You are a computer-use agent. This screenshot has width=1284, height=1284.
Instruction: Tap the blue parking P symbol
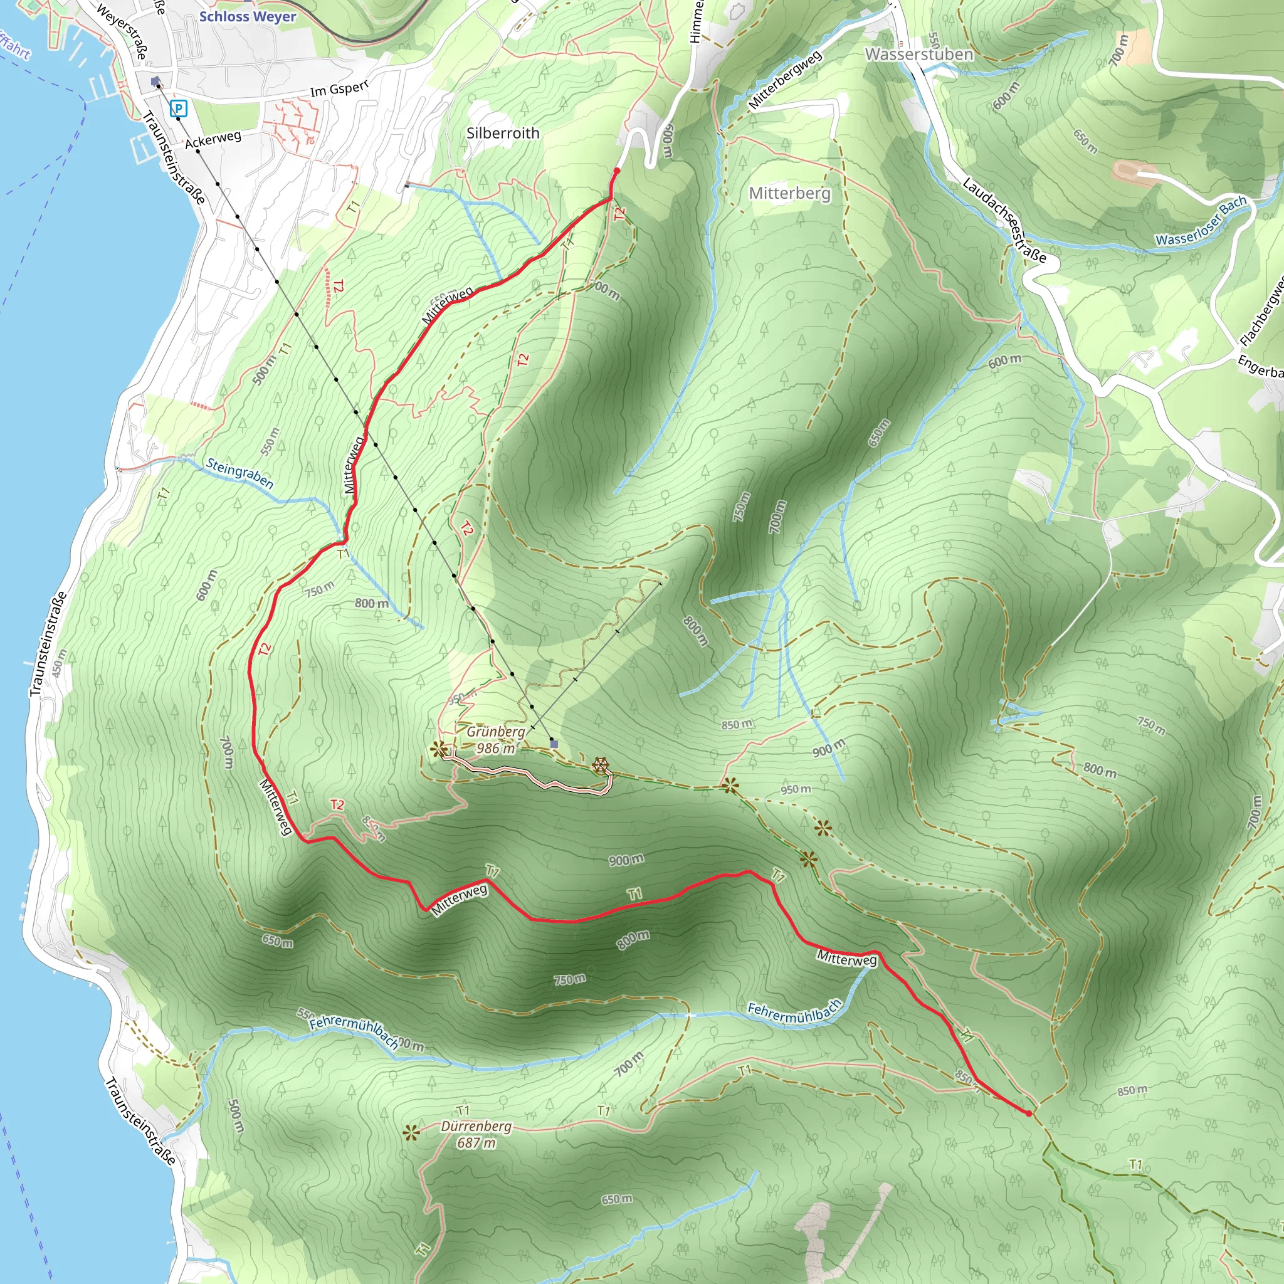tap(178, 108)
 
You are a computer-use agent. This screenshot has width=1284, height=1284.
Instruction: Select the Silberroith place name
tap(502, 133)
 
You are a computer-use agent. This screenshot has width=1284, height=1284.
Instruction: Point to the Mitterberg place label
tap(789, 193)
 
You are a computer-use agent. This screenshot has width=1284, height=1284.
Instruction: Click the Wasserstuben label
tap(918, 55)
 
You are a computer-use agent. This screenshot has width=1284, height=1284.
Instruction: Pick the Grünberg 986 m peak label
tap(496, 740)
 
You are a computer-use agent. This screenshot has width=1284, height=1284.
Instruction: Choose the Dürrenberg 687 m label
tap(476, 1134)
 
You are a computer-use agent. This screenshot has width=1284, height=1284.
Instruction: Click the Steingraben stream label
tap(239, 473)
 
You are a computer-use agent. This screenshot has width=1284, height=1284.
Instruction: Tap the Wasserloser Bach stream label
tap(1200, 221)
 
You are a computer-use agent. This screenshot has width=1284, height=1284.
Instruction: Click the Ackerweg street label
tap(213, 140)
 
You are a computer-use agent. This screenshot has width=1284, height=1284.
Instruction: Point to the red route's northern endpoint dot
tap(617, 171)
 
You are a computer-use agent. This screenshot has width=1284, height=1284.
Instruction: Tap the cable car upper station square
tap(554, 744)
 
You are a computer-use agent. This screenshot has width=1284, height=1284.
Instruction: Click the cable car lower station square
tap(155, 81)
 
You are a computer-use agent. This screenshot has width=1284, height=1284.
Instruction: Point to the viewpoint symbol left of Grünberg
tap(439, 750)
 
